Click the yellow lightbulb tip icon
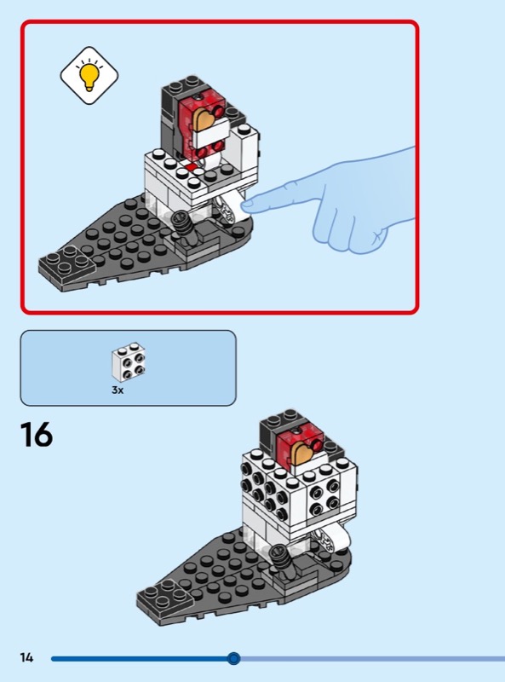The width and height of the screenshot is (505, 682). (x=89, y=75)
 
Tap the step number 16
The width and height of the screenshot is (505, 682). (x=36, y=435)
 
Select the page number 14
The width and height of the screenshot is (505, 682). (x=26, y=657)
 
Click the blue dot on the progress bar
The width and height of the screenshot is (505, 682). (x=234, y=658)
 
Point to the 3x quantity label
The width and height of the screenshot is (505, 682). (x=118, y=390)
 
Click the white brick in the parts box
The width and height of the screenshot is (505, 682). (x=129, y=361)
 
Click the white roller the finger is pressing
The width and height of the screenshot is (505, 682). (x=228, y=208)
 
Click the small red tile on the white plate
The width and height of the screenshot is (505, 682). (x=190, y=167)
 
